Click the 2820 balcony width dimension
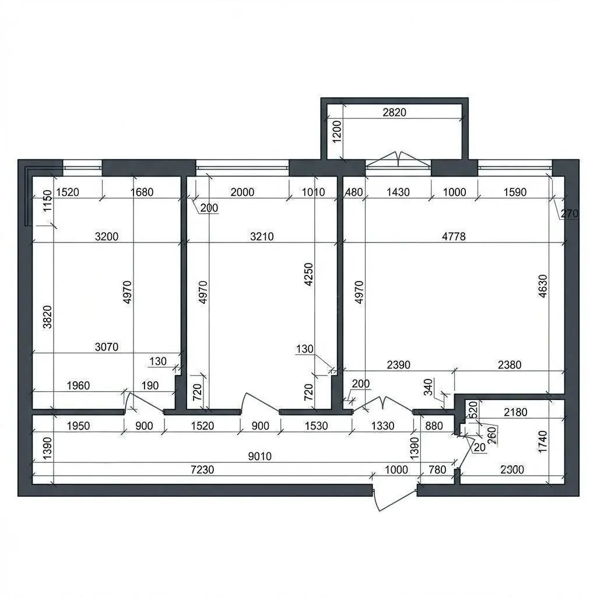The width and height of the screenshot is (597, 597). click(394, 113)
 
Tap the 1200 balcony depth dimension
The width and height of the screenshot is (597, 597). click(337, 131)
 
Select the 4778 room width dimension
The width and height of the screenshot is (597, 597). click(454, 237)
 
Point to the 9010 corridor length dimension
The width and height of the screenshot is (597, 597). click(259, 456)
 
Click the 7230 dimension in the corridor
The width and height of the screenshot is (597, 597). click(202, 469)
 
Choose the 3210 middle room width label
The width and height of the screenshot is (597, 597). click(262, 237)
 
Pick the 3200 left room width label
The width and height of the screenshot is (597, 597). click(107, 237)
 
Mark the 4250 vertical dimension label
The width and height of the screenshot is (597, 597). click(308, 274)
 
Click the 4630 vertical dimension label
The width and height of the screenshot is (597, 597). click(543, 286)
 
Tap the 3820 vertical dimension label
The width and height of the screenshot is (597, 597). click(47, 317)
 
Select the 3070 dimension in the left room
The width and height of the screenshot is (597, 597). click(107, 347)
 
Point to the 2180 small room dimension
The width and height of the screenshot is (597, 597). click(515, 412)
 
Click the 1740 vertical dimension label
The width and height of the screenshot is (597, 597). click(543, 442)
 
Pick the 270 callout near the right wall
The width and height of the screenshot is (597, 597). click(569, 213)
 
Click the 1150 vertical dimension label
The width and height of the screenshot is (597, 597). click(47, 201)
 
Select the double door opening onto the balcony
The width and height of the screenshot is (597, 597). click(398, 159)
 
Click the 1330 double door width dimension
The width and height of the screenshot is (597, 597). click(382, 426)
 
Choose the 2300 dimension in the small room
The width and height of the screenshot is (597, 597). click(512, 469)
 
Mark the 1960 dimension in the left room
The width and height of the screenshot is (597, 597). click(78, 385)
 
